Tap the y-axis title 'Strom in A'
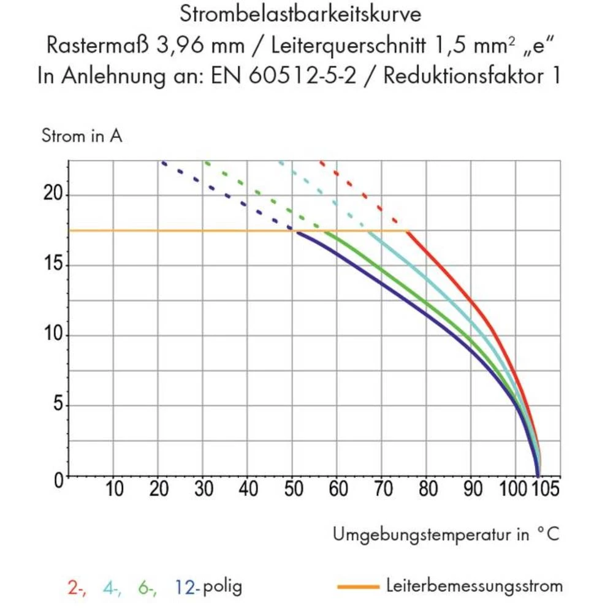pos(82,136)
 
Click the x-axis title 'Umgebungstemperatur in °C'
pos(446,535)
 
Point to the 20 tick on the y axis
pos(53,195)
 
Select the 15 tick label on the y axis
pos(53,265)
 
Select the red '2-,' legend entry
pos(77,587)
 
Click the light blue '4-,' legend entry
pos(112,587)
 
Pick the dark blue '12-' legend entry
pos(186,587)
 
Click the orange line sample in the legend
pos(359,587)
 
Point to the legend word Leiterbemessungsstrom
pos(474,586)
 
